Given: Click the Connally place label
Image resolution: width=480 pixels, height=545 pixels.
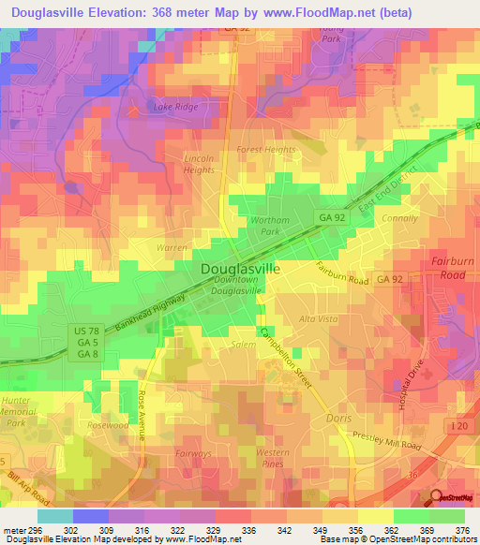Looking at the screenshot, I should [400, 218].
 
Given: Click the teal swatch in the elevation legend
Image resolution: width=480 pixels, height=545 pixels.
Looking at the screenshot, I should [54, 516].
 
